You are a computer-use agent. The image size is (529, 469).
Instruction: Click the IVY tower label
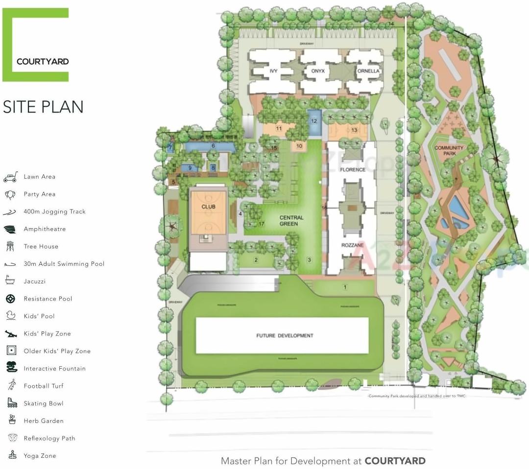coord(273,71)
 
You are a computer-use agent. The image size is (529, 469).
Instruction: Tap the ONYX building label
coord(318,71)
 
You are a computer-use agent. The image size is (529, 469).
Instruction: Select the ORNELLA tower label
coord(368,71)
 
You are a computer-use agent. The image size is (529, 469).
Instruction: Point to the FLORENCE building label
coord(352,169)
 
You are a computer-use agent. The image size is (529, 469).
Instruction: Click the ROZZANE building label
coord(352,245)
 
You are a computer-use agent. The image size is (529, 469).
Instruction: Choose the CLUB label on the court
coord(208,207)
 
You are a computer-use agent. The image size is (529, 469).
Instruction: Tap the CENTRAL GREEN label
coord(291,220)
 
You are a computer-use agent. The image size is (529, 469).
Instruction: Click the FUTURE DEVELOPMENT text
coord(285,335)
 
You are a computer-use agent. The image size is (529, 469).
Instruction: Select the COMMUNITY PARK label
coord(449,150)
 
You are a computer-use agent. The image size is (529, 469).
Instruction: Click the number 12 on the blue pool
coord(314,121)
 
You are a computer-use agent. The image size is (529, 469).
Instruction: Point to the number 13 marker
coord(354,130)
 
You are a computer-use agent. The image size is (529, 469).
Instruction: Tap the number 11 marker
coord(279,129)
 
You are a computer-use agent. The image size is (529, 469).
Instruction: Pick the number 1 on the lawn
coord(345,287)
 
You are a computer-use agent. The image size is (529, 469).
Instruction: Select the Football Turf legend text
coord(44,386)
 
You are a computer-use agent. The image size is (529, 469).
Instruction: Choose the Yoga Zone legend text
coord(40,456)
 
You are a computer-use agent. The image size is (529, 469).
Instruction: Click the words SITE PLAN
coord(43,107)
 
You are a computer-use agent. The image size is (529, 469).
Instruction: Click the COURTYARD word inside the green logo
coord(43,62)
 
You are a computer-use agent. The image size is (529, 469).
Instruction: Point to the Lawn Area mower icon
coord(10,177)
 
